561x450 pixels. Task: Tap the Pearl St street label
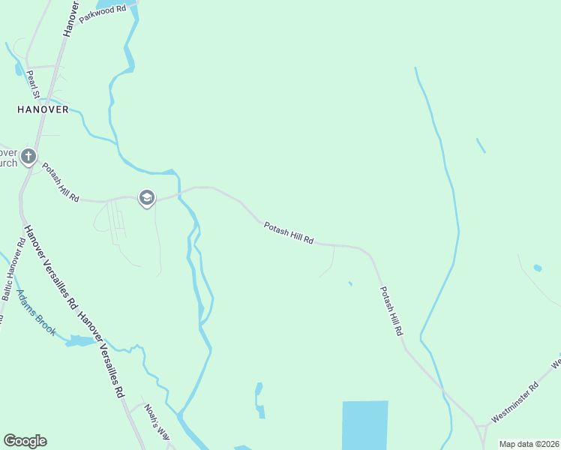33,85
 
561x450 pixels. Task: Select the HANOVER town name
43,109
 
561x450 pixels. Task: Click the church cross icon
28,157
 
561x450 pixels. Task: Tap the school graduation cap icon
146,198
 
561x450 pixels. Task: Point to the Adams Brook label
36,313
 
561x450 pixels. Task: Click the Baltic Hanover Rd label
13,269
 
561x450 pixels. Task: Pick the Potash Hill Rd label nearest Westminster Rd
391,310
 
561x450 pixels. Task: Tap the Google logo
25,441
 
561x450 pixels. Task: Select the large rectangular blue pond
365,424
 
